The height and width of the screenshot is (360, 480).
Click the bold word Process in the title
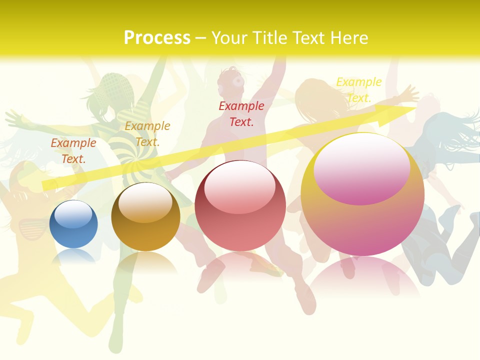click(x=157, y=38)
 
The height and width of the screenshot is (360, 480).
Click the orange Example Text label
click(x=73, y=151)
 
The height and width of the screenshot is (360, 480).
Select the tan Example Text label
click(x=147, y=133)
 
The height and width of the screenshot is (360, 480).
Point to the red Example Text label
click(x=241, y=113)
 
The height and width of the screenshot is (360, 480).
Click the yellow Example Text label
click(x=358, y=90)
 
